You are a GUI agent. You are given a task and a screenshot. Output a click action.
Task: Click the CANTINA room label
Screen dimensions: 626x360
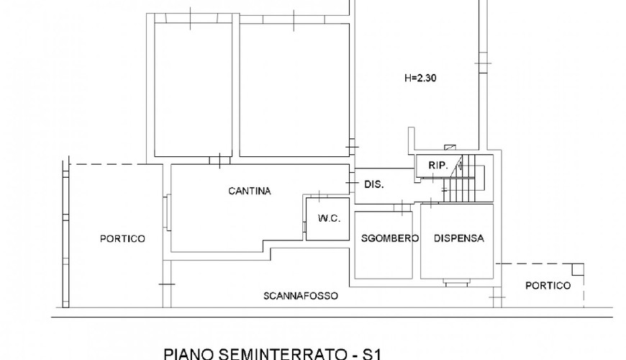(250, 191)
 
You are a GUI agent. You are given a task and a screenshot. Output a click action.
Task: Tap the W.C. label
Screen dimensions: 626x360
(329, 219)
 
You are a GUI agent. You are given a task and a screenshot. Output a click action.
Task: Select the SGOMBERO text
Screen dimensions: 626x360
(390, 238)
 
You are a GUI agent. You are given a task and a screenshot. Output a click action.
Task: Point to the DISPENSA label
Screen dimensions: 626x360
(459, 238)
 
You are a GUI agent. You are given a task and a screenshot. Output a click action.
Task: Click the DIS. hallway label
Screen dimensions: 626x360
(374, 184)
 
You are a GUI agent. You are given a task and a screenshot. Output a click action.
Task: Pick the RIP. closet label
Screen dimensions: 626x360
(438, 166)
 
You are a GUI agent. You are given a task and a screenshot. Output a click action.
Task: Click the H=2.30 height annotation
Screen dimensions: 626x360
(420, 78)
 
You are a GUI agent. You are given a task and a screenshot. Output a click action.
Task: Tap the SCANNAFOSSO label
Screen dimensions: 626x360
(301, 296)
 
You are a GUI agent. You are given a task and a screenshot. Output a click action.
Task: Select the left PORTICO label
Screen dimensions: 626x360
(122, 239)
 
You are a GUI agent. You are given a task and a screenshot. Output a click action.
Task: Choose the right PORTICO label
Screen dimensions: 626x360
(548, 286)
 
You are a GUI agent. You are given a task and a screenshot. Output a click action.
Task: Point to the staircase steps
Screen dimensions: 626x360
(463, 179)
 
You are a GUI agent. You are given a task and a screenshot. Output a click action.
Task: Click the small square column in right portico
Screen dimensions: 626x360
(578, 270)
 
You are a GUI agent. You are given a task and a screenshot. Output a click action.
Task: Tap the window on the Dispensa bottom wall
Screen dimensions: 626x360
(456, 283)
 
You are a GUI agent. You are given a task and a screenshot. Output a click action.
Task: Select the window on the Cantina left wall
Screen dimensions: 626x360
(168, 212)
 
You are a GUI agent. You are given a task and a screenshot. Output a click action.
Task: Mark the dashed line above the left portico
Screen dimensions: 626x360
(108, 164)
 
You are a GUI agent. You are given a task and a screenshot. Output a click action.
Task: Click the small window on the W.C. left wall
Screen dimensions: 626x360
(304, 228)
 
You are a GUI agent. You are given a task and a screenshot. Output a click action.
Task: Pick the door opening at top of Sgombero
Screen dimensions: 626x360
(402, 207)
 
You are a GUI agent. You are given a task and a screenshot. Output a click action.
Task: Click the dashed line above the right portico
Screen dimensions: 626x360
(540, 264)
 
